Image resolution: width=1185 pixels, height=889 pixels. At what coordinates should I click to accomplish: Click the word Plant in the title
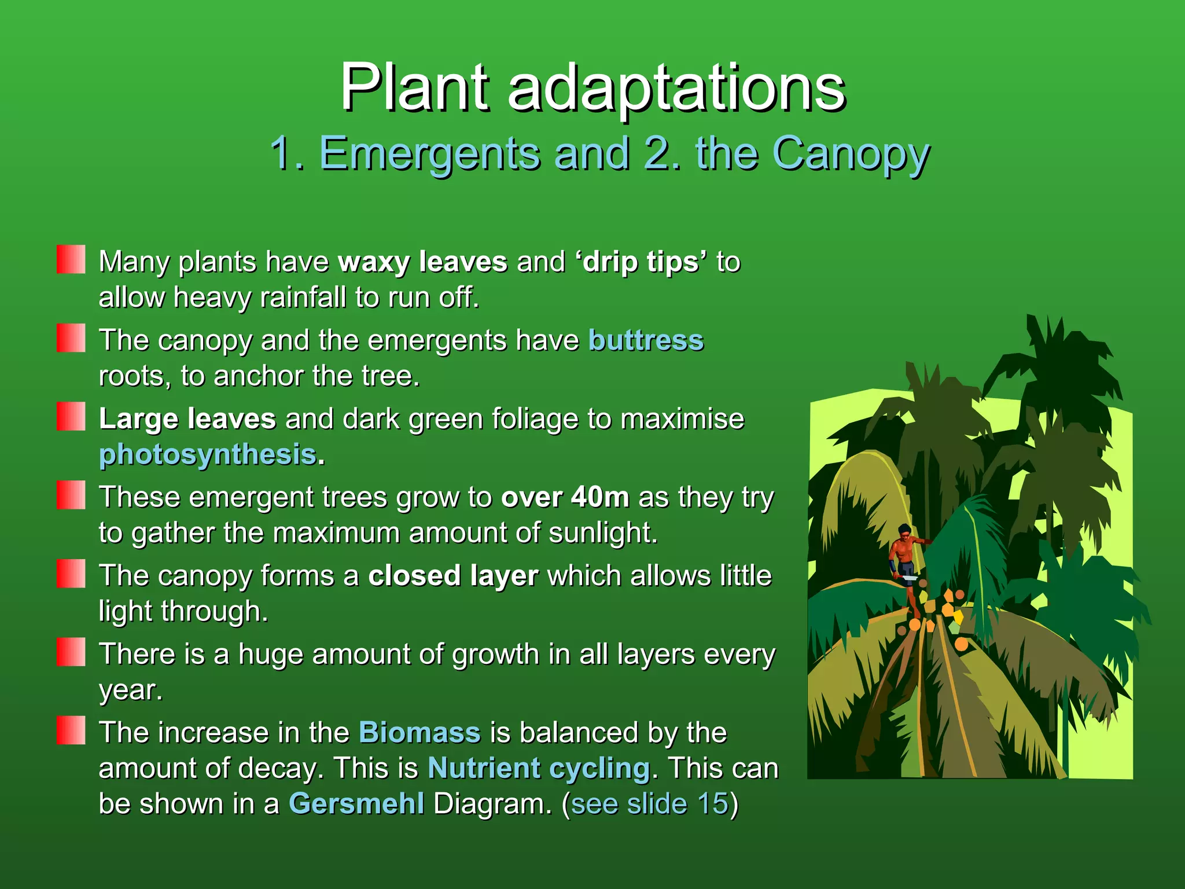pos(414,88)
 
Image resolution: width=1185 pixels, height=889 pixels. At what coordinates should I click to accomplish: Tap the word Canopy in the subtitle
pos(851,153)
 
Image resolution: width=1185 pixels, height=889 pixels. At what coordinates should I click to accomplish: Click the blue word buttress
pos(646,340)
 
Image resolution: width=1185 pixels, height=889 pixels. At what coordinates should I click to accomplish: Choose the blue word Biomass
pos(419,733)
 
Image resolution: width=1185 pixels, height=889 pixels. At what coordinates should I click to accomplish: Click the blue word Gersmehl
pos(356,804)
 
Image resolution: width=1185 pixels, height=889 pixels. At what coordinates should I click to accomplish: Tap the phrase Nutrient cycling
pos(539,769)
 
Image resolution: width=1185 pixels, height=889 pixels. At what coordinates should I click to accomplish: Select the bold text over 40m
pos(565,497)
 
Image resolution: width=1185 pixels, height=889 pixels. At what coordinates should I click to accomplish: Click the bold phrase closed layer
pos(453,576)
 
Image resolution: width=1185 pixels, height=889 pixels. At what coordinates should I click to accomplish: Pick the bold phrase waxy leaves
pos(422,262)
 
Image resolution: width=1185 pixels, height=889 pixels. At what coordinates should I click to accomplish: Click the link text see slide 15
pos(649,804)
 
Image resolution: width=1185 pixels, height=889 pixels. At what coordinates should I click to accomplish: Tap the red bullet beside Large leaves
pos(71,417)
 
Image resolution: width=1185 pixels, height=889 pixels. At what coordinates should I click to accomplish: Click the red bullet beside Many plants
pos(71,259)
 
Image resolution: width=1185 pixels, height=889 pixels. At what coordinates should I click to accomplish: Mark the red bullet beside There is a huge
pos(71,652)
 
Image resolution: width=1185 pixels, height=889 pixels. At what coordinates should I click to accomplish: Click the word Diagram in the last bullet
pos(492,804)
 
